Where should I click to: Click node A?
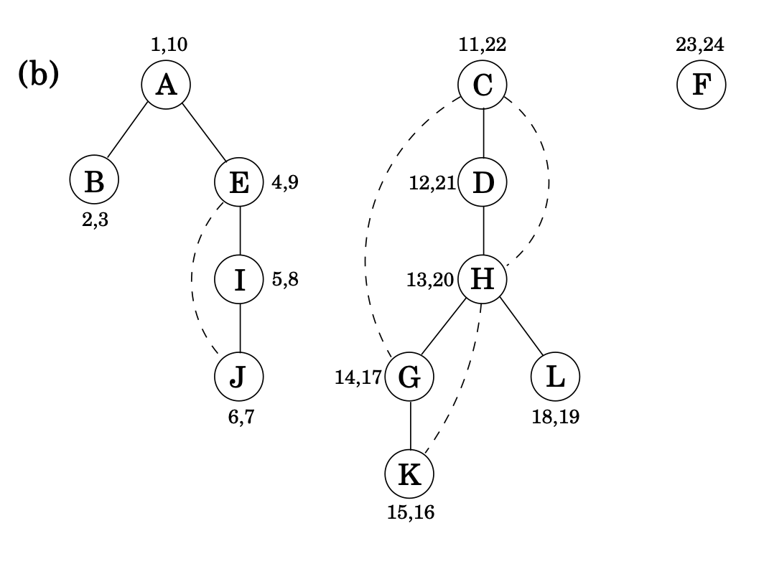[x=166, y=85]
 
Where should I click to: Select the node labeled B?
[x=94, y=182]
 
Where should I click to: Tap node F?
[x=701, y=85]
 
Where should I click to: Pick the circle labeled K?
[x=409, y=474]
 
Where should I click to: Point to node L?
[x=555, y=376]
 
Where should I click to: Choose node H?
[x=483, y=279]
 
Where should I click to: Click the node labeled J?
[x=239, y=376]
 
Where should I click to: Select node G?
[x=409, y=376]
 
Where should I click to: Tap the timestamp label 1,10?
[x=169, y=44]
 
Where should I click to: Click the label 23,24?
[x=700, y=44]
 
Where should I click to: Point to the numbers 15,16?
[x=410, y=512]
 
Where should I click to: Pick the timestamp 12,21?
[x=432, y=182]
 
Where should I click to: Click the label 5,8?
[x=285, y=280]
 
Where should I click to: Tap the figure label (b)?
[x=37, y=75]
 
